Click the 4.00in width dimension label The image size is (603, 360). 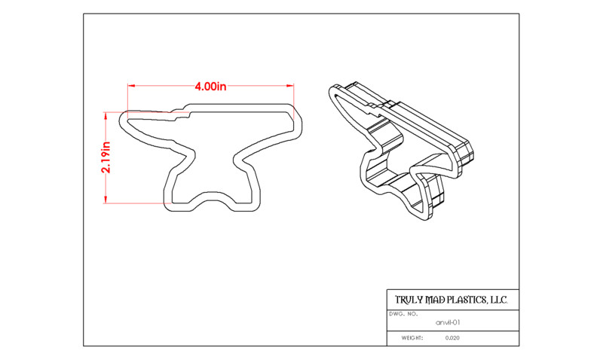click(x=210, y=87)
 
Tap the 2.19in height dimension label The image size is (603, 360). click(x=106, y=157)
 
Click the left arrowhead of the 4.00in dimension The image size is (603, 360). click(x=132, y=86)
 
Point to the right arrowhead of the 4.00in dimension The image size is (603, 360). click(x=290, y=86)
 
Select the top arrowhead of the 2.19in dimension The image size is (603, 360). click(x=106, y=116)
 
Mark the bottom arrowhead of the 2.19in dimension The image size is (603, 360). click(x=106, y=199)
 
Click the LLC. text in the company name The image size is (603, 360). click(x=498, y=300)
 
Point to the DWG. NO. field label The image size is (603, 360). click(x=403, y=314)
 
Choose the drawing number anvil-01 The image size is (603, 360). click(x=448, y=323)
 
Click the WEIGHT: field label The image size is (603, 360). click(x=412, y=338)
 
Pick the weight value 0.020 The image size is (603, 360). click(x=452, y=338)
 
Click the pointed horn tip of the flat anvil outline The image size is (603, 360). click(x=121, y=118)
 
